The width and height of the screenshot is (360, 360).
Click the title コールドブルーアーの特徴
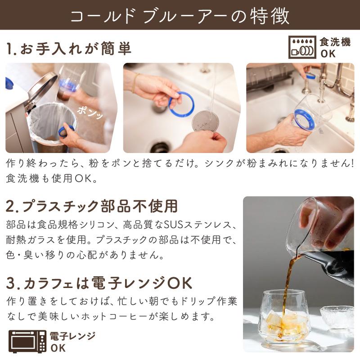[180, 15]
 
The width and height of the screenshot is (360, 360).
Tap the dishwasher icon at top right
[302, 48]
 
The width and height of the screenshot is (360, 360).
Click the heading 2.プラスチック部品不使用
[92, 206]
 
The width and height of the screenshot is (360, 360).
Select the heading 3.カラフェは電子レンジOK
[99, 283]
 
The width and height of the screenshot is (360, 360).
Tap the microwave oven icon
[27, 342]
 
